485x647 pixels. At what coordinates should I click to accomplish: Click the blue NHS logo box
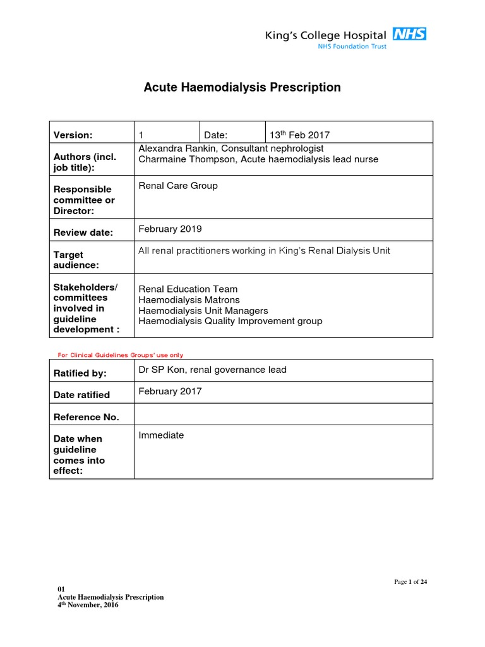point(409,33)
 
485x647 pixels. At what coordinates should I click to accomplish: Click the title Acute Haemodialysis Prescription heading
point(242,87)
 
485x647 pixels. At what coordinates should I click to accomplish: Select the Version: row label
point(73,135)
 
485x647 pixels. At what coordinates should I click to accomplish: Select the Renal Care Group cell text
point(178,186)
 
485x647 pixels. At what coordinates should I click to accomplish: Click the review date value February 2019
point(170,229)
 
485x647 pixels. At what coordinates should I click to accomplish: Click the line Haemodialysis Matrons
point(189,300)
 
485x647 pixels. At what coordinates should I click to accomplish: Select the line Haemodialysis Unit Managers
point(203,311)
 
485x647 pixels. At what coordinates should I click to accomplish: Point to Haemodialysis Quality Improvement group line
point(231,321)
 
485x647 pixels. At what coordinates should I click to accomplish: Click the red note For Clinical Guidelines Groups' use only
point(116,355)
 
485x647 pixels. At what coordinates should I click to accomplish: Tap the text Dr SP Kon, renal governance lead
point(212,370)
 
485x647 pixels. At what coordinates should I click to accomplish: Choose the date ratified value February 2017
point(170,391)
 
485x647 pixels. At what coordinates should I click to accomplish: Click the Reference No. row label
point(87,417)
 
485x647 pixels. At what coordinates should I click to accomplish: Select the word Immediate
point(161,435)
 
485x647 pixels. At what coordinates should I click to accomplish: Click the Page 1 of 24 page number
point(410,582)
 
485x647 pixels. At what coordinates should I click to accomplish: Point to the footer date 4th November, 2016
point(88,605)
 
